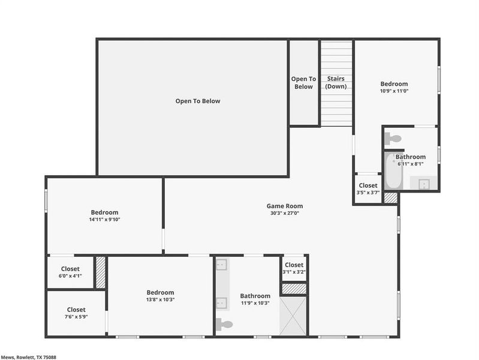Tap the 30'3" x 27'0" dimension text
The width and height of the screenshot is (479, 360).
(x=284, y=213)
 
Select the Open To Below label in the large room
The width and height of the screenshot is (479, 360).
(x=197, y=101)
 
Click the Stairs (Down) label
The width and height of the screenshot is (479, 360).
(x=335, y=83)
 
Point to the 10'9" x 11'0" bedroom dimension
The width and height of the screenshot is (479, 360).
(x=394, y=91)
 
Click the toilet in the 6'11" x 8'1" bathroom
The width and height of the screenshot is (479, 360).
(x=393, y=139)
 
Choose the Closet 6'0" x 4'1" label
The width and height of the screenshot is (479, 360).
(x=71, y=272)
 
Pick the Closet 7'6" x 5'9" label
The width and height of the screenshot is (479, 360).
(x=76, y=313)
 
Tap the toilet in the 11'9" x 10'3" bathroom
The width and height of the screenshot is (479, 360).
(x=224, y=325)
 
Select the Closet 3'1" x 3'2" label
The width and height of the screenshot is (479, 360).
(x=294, y=268)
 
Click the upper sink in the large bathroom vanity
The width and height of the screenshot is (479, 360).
(x=221, y=264)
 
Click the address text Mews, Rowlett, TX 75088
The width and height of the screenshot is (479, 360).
(x=30, y=356)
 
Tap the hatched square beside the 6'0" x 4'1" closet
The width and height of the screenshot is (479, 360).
(x=101, y=273)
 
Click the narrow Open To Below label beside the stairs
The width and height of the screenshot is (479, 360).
(x=303, y=83)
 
